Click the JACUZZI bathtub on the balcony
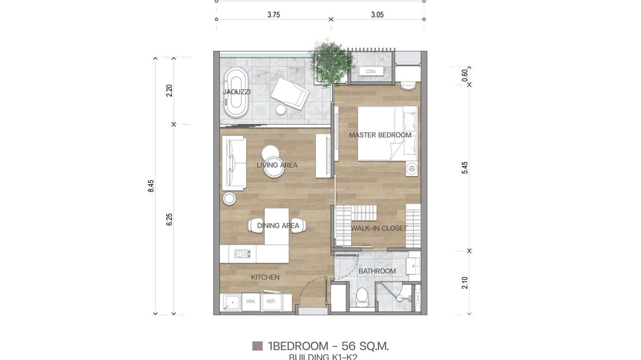[236, 92]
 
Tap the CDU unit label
[371, 72]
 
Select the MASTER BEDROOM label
[380, 135]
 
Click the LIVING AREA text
[277, 165]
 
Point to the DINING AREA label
[278, 226]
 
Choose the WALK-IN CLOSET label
[379, 228]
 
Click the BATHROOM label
[377, 271]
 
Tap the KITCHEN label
[265, 277]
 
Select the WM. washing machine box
[251, 302]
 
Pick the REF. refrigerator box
[271, 302]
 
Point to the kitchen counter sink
[242, 254]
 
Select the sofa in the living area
[234, 163]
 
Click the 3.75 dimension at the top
[273, 15]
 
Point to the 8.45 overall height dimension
[151, 186]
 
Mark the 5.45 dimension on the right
[465, 168]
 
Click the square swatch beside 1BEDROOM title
[257, 346]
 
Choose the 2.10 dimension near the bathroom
[465, 283]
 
